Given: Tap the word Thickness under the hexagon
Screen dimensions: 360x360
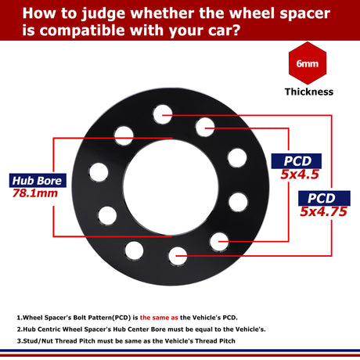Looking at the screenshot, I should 308,92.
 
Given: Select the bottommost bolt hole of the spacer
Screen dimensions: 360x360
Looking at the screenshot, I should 178,254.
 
